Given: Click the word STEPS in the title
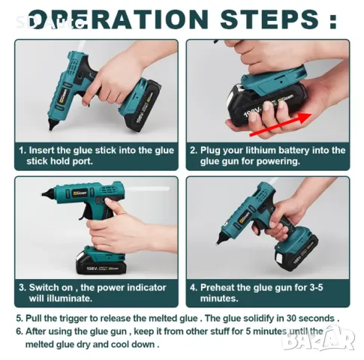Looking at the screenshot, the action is (x=270, y=19).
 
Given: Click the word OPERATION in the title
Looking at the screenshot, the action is (x=118, y=19).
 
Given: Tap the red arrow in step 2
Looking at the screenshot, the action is (x=281, y=124).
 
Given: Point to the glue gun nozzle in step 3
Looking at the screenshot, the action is (x=47, y=193).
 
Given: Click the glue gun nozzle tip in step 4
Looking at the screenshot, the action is (x=218, y=242).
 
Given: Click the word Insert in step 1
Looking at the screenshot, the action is (x=42, y=150).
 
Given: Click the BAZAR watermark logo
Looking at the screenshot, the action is (x=318, y=338).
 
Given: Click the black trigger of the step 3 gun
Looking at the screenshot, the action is (x=85, y=213).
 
